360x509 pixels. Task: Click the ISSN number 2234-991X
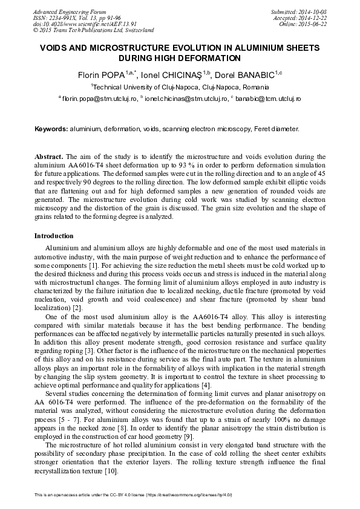point(64,18)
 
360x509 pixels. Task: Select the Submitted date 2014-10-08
point(313,12)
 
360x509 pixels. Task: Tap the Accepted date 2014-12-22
point(313,18)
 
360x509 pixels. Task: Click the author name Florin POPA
point(99,76)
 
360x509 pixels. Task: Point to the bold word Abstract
point(48,156)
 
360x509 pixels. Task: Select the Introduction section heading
point(54,235)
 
